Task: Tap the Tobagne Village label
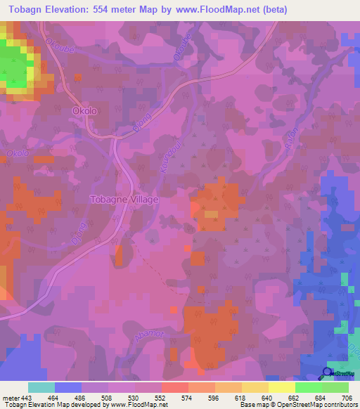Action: pos(124,199)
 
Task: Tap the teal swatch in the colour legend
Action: pos(41,387)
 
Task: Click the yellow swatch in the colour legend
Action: pos(281,387)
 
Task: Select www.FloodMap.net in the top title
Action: pos(211,9)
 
